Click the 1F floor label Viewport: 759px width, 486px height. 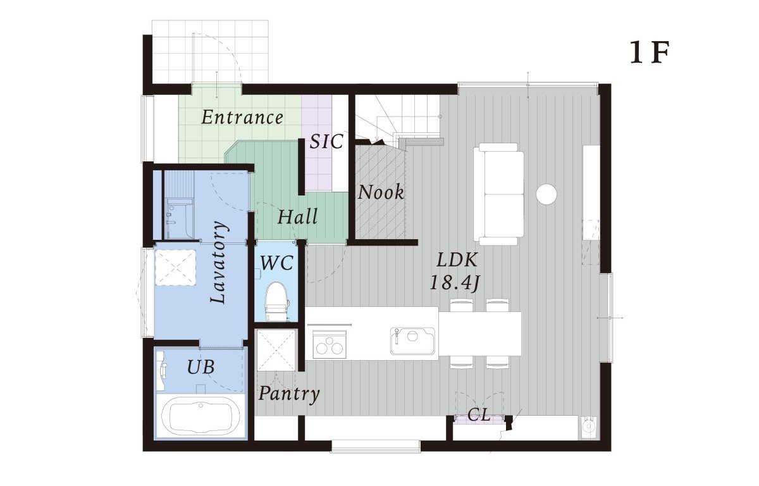tap(649, 53)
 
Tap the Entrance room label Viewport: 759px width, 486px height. tap(242, 117)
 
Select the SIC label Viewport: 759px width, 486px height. tap(326, 141)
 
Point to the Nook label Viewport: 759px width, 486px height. tap(381, 192)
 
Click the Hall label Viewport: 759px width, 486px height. tap(297, 216)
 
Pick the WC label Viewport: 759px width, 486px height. tap(276, 263)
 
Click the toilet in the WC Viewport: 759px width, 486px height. tap(277, 302)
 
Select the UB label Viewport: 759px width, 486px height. tap(201, 367)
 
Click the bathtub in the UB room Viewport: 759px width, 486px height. tap(201, 417)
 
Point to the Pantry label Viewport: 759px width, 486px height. tap(289, 394)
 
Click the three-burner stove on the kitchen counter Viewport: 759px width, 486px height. tap(330, 344)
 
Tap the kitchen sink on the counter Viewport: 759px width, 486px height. tap(412, 340)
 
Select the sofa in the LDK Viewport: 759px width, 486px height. tap(499, 194)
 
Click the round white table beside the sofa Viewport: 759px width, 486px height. tap(546, 194)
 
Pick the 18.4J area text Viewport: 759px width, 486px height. tap(454, 282)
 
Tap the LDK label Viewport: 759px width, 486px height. tap(457, 260)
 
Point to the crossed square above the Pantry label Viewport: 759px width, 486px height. tap(277, 350)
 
